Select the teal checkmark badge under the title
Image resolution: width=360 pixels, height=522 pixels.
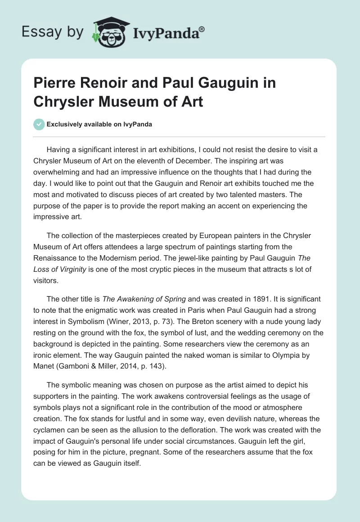39,124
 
